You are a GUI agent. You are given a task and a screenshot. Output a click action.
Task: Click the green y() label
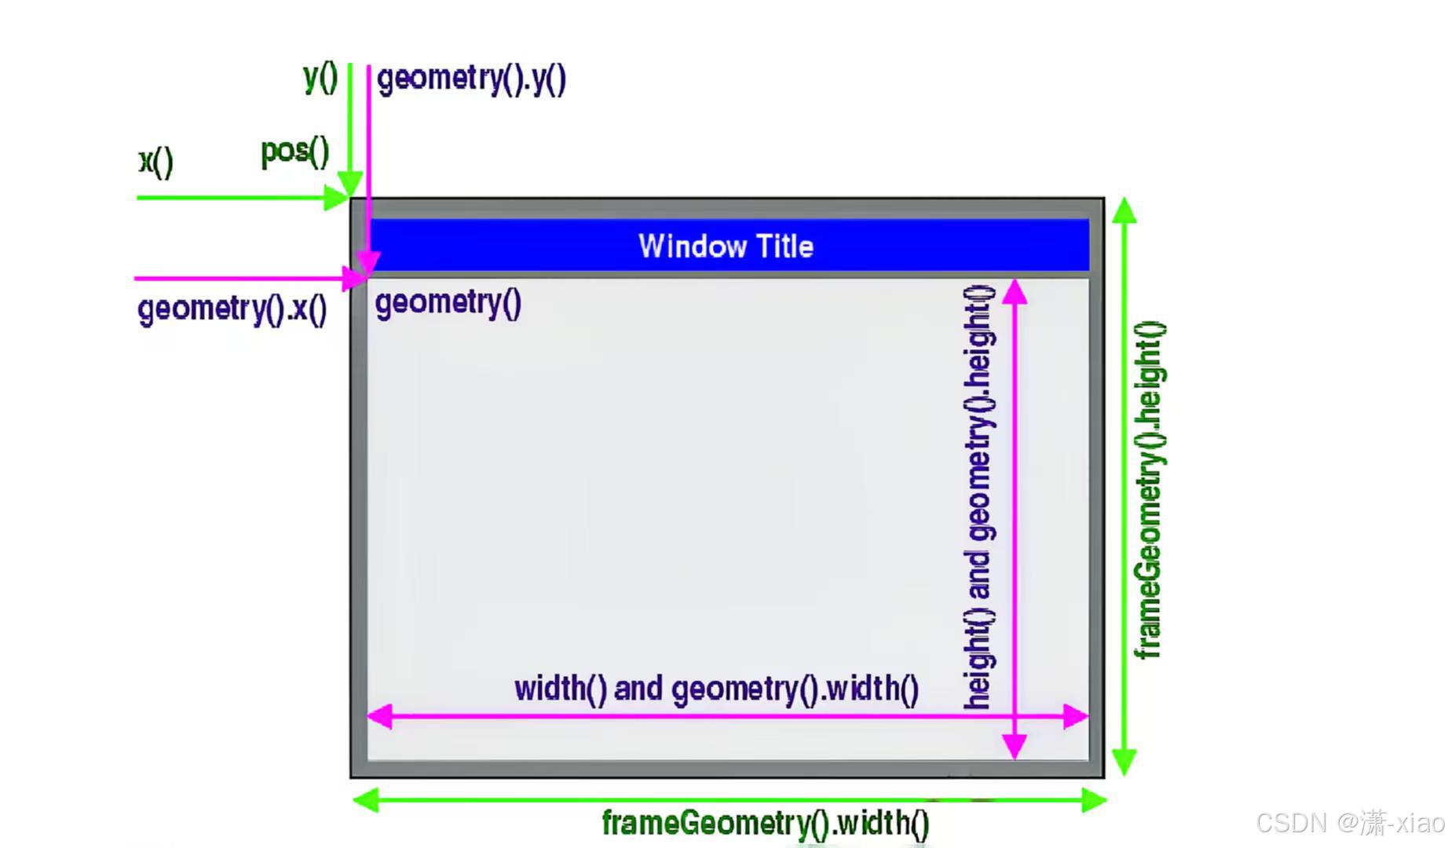[x=320, y=77]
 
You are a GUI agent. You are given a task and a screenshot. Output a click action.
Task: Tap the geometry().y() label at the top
[x=471, y=79]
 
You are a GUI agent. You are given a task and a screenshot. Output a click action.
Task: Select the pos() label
[x=294, y=151]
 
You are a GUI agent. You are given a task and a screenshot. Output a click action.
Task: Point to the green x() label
[x=155, y=162]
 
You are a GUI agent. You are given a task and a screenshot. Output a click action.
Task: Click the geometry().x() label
[x=232, y=309]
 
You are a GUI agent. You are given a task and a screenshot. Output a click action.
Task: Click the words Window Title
[x=726, y=247]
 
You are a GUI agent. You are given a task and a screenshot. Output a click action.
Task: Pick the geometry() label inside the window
[x=448, y=302]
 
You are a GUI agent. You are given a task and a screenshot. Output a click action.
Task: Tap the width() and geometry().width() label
[x=716, y=689]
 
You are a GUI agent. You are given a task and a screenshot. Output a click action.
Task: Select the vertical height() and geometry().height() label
[x=978, y=498]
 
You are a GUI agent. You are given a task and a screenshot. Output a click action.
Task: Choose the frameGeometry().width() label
[x=766, y=823]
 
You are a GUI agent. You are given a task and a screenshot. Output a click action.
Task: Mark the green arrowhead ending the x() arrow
[x=338, y=197]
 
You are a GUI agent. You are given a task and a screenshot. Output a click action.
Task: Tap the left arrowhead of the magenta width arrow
[x=380, y=716]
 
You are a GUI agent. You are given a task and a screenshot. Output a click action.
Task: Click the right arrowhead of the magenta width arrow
[x=1076, y=716]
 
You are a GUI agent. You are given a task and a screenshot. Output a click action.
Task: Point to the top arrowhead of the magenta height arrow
[x=1015, y=291]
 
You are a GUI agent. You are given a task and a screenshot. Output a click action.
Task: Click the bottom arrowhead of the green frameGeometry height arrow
[x=1124, y=762]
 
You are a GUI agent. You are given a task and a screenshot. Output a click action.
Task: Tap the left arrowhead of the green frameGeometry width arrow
[x=366, y=800]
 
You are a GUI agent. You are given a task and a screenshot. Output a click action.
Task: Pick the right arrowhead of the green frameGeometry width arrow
[x=1093, y=800]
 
